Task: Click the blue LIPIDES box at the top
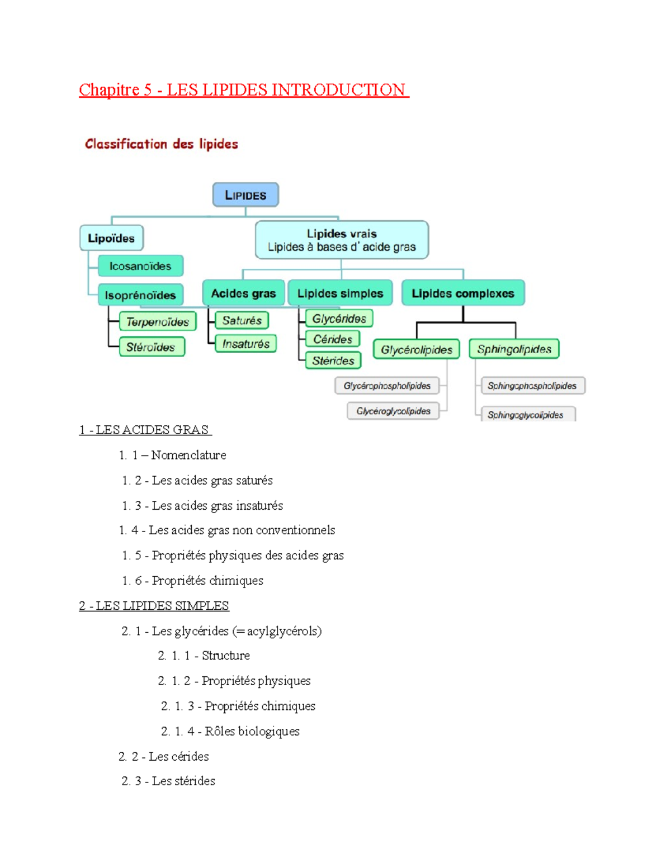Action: pos(245,195)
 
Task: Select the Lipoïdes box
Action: pos(111,238)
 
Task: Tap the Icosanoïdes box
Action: pos(140,266)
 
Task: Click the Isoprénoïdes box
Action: pos(140,295)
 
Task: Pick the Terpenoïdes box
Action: pos(158,321)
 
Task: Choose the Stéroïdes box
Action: pos(151,347)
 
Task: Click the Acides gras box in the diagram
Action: pos(243,293)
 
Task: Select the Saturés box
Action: pos(242,320)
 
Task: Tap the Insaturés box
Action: pos(246,344)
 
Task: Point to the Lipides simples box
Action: pos(340,293)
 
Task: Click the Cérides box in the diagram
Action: pos(333,339)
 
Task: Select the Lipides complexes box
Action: pos(463,293)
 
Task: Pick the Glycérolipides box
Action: pos(417,350)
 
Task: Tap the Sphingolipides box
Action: pos(514,349)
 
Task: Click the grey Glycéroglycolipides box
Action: pos(393,411)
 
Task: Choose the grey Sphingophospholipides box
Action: pos(532,386)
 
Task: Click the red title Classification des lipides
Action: pos(162,144)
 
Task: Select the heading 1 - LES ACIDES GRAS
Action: pos(145,430)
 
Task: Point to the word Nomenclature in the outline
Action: pos(188,455)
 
